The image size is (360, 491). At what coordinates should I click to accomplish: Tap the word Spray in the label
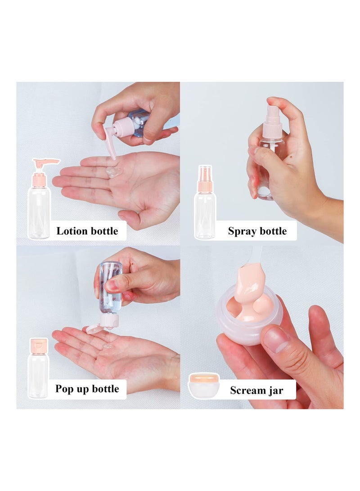coord(242,232)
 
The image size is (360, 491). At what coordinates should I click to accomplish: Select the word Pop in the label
coord(65,389)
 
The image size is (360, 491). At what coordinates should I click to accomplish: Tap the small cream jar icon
coord(204,386)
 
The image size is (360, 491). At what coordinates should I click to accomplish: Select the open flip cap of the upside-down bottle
coord(95,329)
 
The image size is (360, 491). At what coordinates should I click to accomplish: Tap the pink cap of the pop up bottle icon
coord(39,346)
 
